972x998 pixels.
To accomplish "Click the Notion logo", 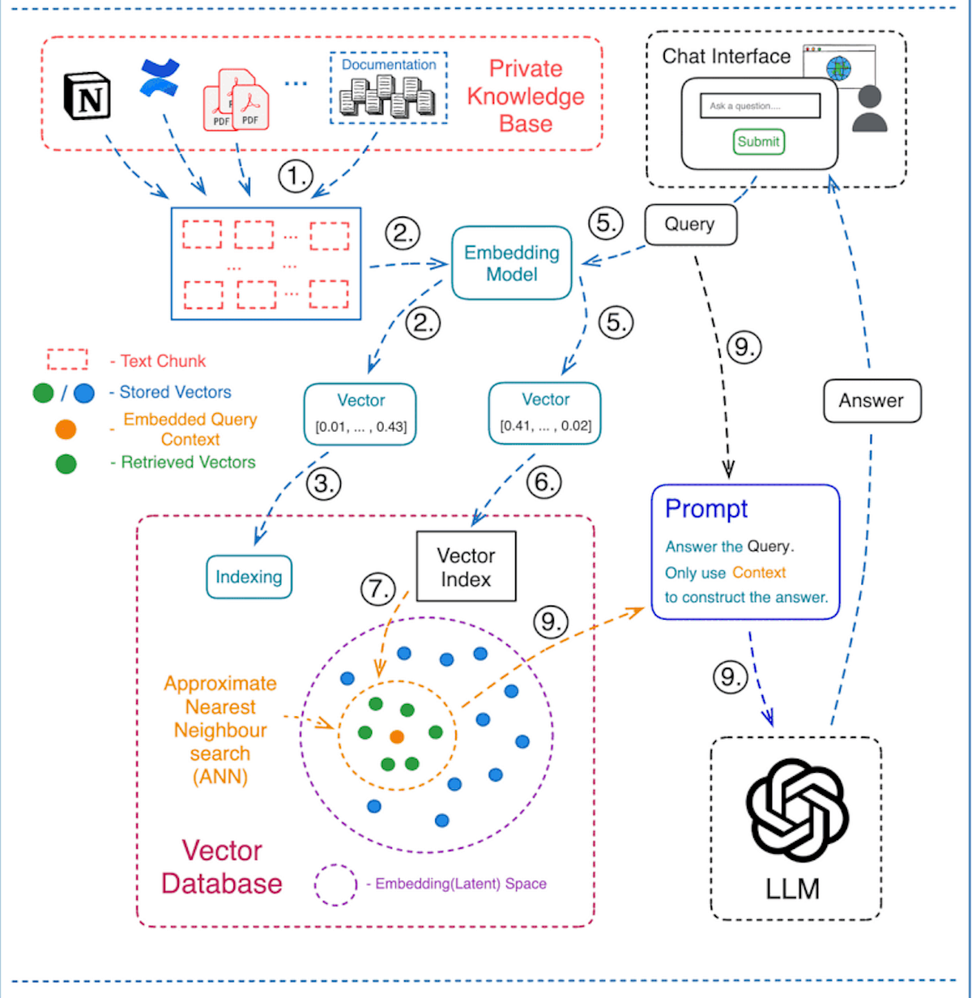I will point(87,96).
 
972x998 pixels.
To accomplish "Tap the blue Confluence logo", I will point(160,78).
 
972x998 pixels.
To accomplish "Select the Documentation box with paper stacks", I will point(388,88).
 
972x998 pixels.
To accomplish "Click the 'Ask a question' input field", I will point(760,106).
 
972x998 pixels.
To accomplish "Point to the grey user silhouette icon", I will point(869,109).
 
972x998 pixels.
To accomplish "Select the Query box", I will point(690,224).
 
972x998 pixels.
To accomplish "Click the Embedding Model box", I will point(511,263).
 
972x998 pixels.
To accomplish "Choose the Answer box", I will point(872,401).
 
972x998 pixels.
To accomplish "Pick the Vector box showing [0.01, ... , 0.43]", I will point(360,414).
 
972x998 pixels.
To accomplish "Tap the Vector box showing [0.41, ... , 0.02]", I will point(545,413).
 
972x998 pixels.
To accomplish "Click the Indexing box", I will point(249,577).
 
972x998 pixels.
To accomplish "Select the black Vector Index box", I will point(466,567).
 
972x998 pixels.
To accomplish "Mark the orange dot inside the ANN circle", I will point(397,736).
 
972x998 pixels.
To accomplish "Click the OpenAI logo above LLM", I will point(795,810).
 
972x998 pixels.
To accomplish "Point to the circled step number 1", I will point(296,176).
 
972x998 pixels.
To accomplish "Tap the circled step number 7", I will point(377,589).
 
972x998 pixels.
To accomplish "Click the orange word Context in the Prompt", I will point(759,573).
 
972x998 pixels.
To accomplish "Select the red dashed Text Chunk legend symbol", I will point(67,360).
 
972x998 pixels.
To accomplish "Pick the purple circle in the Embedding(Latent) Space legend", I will point(335,885).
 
